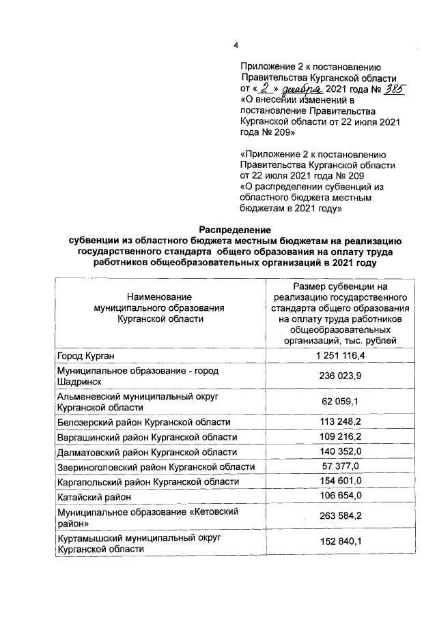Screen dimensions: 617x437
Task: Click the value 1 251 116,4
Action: pyautogui.click(x=341, y=356)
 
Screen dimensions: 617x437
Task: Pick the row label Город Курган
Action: pyautogui.click(x=86, y=356)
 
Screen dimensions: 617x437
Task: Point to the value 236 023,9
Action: pyautogui.click(x=341, y=376)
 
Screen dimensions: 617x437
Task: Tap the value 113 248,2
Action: pyautogui.click(x=341, y=422)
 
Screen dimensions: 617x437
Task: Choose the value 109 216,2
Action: pyautogui.click(x=341, y=437)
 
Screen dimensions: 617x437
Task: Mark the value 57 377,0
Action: pyautogui.click(x=341, y=467)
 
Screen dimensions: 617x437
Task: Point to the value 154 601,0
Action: pyautogui.click(x=341, y=482)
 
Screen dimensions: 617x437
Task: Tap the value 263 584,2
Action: pyautogui.click(x=341, y=517)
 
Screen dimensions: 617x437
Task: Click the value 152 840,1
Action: pyautogui.click(x=341, y=543)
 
